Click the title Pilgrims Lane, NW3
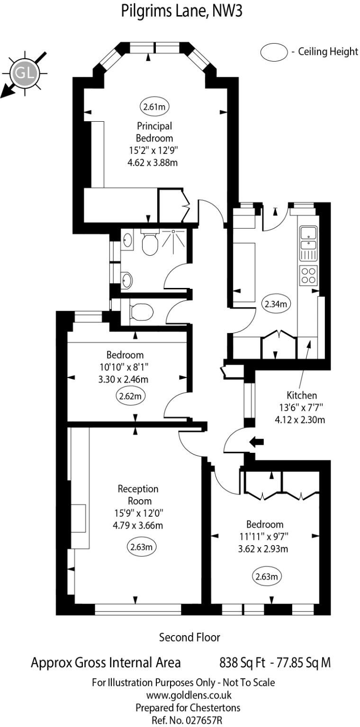tap(182, 10)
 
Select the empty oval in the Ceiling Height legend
tap(274, 52)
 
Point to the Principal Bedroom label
tap(154, 132)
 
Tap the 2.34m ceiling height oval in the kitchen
tap(276, 304)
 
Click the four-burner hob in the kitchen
tap(309, 275)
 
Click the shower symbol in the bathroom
tap(173, 238)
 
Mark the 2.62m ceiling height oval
tap(131, 396)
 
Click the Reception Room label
tap(138, 494)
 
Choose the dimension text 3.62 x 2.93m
tap(265, 549)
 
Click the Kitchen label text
tap(302, 395)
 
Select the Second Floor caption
tap(189, 637)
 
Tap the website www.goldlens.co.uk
tap(189, 695)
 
